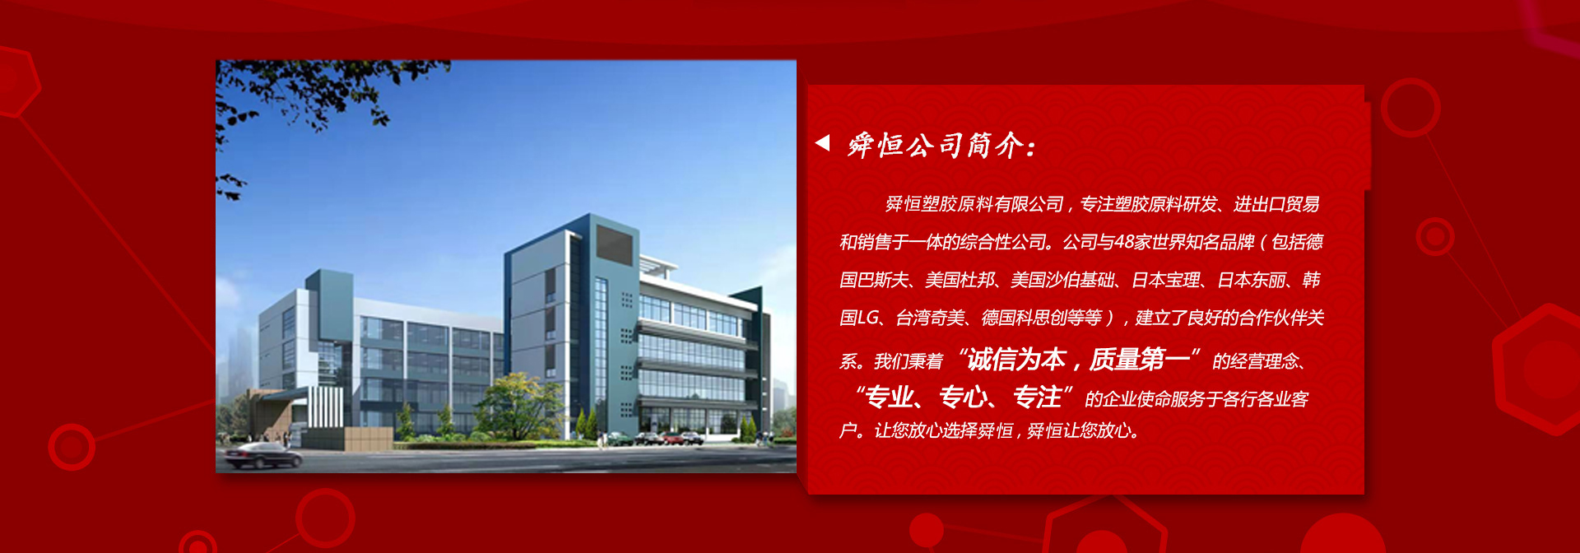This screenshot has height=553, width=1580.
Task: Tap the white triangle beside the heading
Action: click(822, 143)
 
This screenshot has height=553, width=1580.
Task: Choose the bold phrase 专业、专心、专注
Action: click(964, 397)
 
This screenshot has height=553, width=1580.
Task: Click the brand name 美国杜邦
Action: click(960, 280)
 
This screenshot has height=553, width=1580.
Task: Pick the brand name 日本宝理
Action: click(1166, 280)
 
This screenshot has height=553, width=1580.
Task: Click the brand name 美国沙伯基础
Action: click(1062, 280)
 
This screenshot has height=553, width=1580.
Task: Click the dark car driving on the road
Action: click(263, 456)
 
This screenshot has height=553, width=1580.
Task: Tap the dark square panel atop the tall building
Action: click(613, 244)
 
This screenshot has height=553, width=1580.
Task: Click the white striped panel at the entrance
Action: click(326, 407)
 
